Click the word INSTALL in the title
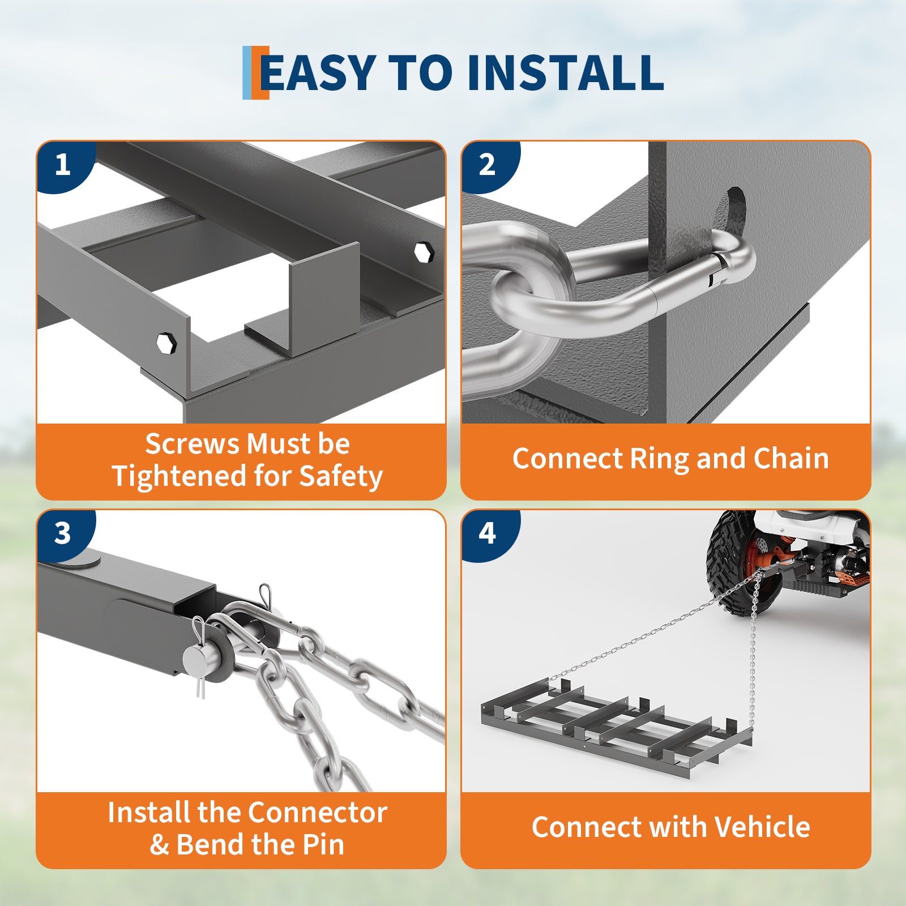[x=565, y=72]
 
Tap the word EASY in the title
[x=318, y=72]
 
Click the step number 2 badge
[x=488, y=165]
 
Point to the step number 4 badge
[x=488, y=533]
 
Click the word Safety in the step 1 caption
[x=341, y=476]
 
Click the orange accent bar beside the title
[x=260, y=72]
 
